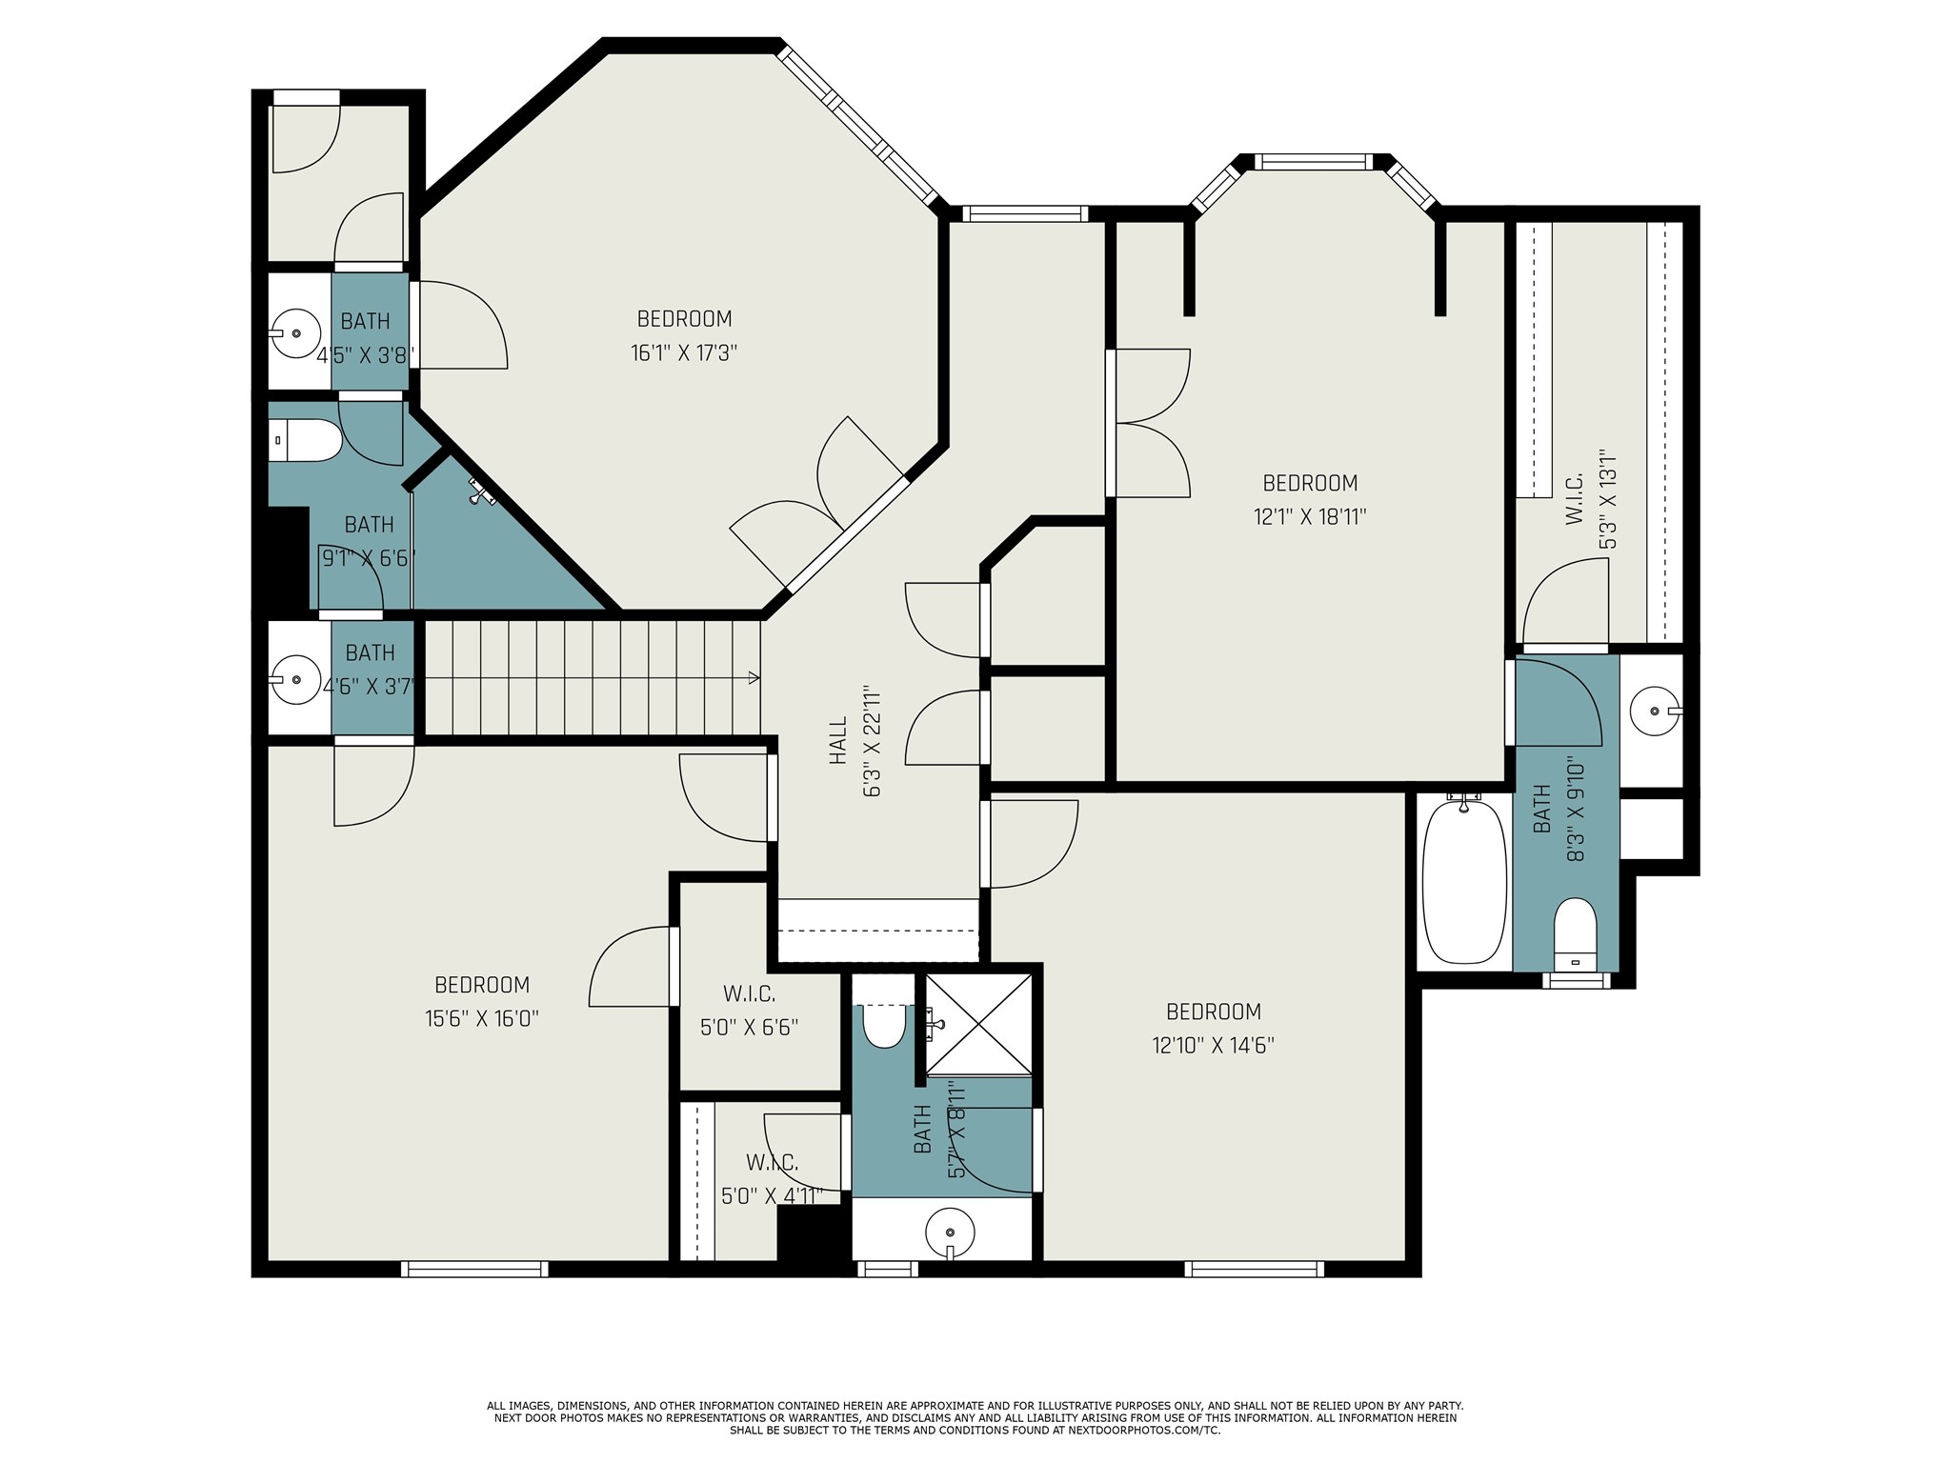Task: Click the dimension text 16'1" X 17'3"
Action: pos(684,353)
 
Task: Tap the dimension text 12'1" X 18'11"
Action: pos(1310,517)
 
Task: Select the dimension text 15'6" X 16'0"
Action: pos(482,1019)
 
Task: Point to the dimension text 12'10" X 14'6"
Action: pos(1213,1046)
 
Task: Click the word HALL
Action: pos(838,741)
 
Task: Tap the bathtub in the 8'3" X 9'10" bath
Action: pos(1464,881)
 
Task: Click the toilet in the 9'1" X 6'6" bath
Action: pos(305,440)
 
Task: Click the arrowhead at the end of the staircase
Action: pos(754,678)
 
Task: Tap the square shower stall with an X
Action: pos(978,1025)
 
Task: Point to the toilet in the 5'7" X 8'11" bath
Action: pos(883,1026)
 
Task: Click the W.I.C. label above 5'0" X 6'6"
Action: pos(749,994)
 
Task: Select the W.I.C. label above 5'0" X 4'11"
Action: pos(772,1162)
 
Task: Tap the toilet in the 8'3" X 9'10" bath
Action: pos(1575,934)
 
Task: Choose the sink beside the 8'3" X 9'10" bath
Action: pos(1656,711)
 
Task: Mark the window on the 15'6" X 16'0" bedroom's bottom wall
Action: pos(474,1269)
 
